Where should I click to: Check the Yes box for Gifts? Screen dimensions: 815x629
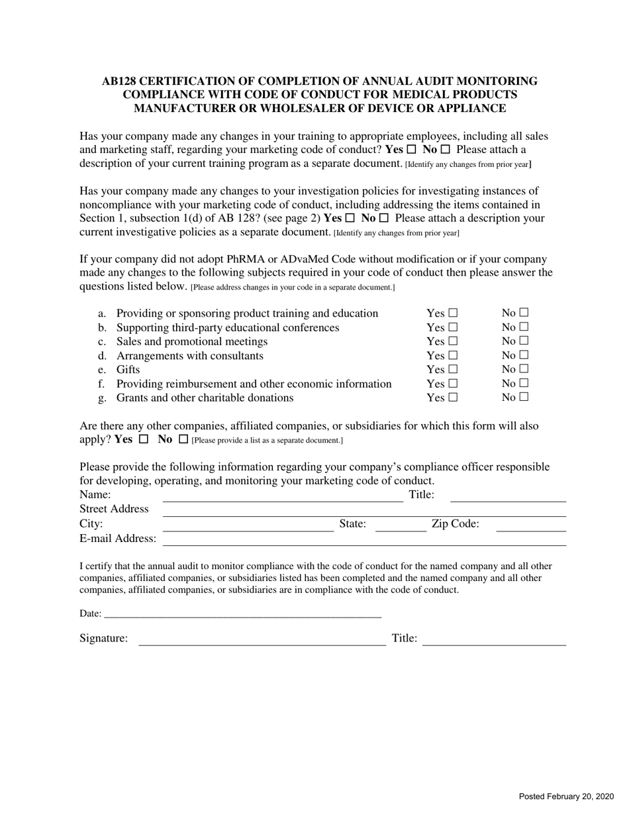453,369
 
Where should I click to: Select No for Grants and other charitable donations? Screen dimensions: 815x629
524,397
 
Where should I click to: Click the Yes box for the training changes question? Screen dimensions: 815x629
412,149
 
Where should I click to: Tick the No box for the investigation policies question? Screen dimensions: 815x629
383,217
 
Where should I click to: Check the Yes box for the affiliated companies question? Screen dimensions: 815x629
143,439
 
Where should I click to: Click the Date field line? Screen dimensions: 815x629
242,614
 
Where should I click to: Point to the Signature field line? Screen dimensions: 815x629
262,641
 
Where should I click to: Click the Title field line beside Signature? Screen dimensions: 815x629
494,641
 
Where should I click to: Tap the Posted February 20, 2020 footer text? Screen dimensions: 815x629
565,796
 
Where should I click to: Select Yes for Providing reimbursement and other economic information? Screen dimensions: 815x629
453,383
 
